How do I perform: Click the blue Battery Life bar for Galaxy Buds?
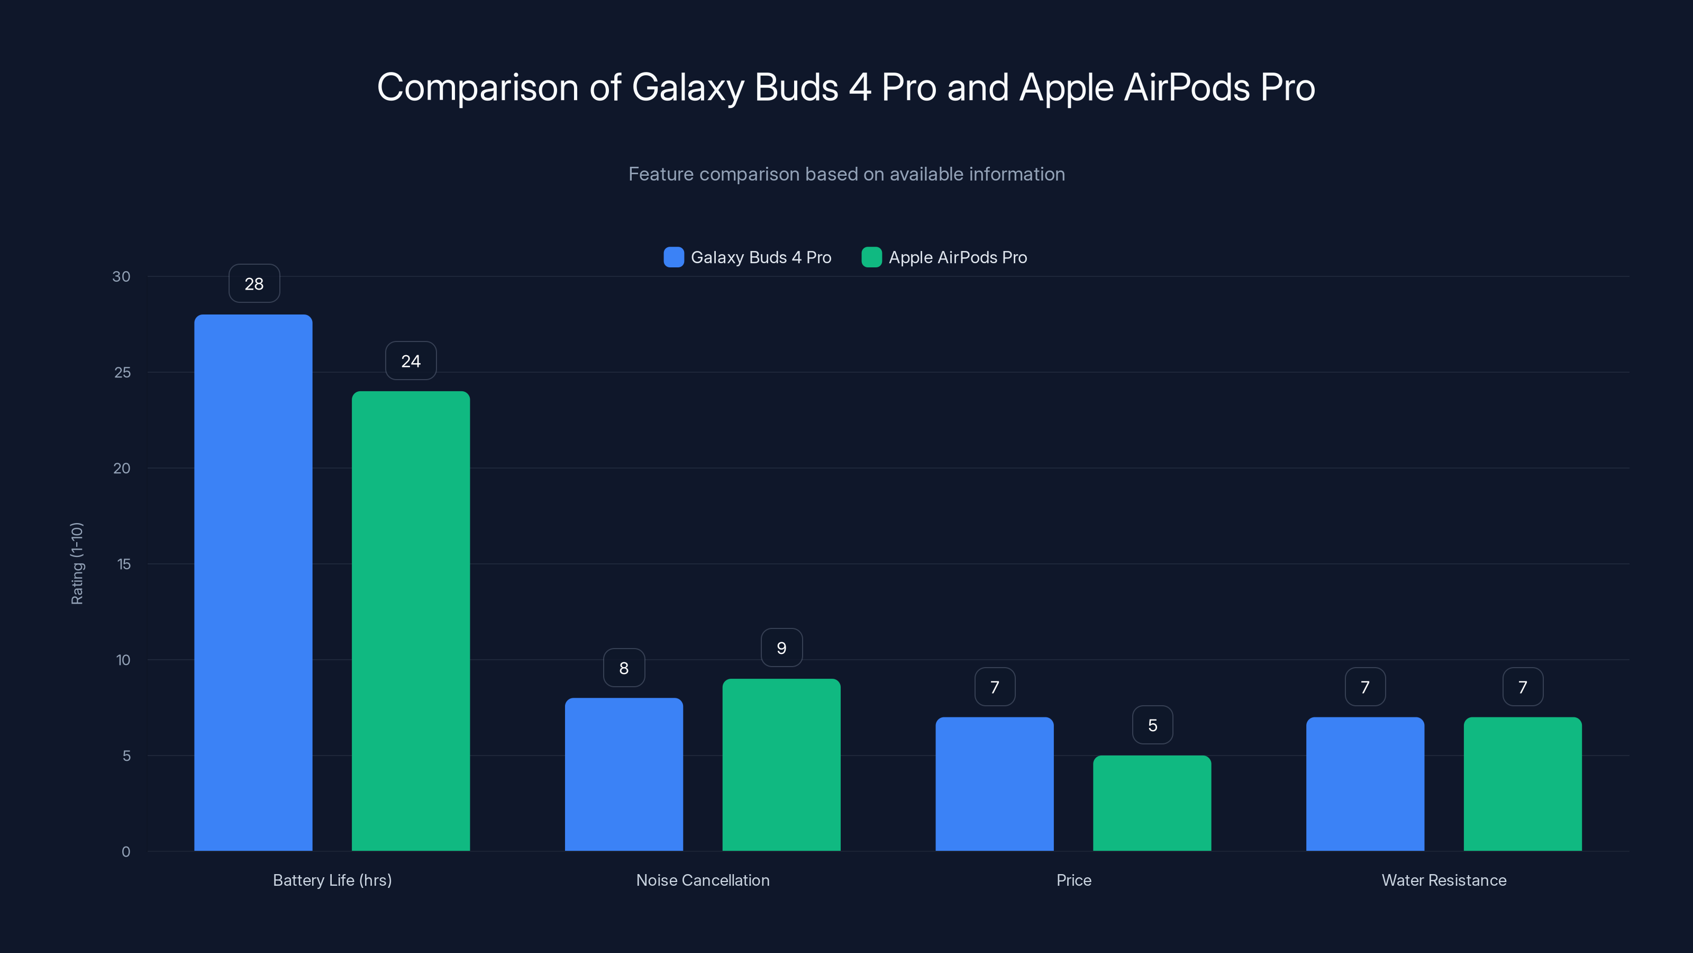253,582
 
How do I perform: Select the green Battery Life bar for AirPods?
411,621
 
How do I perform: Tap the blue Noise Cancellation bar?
624,774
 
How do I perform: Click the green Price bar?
1152,803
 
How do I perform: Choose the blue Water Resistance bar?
1365,784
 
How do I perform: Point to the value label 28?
254,283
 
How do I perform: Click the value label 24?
411,361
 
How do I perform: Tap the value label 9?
781,648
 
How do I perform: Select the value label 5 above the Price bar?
1153,725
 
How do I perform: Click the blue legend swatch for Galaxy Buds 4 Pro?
673,257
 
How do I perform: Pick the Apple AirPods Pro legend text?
958,257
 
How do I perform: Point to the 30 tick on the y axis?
121,276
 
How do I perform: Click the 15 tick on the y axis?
124,564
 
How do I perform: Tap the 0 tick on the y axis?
125,852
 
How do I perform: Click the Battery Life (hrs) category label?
332,880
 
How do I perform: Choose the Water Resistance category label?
1444,880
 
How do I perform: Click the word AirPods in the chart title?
1186,87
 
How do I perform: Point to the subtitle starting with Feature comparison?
846,174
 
